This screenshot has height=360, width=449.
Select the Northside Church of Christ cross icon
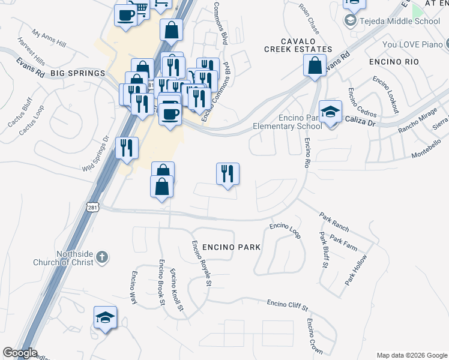coord(102,257)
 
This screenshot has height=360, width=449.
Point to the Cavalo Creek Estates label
coord(298,49)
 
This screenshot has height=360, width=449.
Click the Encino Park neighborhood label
coord(231,247)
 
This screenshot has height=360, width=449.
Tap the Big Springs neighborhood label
coord(77,73)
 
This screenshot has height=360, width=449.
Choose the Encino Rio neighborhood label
coord(393,61)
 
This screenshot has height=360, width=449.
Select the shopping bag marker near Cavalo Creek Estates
coord(315,65)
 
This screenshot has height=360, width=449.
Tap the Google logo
coord(20,353)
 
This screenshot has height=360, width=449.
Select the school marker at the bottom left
coord(105,318)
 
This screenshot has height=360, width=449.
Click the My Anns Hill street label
coord(49,40)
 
